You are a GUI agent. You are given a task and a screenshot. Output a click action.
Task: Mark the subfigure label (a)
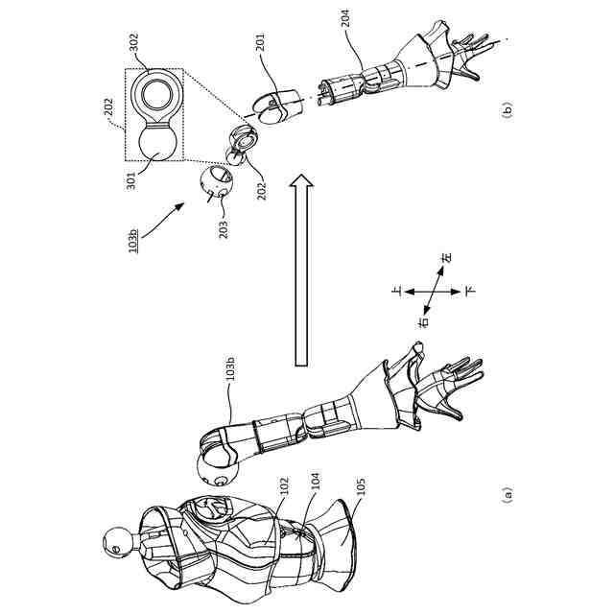[x=508, y=495]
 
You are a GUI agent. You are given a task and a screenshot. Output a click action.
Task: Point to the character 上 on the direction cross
[x=396, y=287]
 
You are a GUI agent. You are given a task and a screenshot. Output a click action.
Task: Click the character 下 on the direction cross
[x=469, y=289]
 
